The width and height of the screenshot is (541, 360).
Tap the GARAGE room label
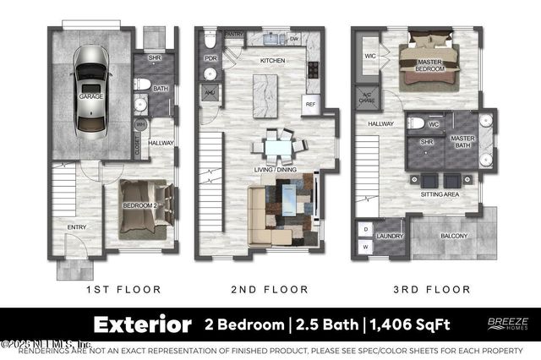click(x=90, y=97)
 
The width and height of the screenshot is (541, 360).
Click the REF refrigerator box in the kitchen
click(x=309, y=103)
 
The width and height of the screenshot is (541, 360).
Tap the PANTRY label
click(x=234, y=34)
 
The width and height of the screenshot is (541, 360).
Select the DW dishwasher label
click(x=294, y=39)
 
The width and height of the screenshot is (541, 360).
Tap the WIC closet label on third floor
click(x=369, y=57)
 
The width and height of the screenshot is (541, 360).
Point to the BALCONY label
click(x=453, y=235)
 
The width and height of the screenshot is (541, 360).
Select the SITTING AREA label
click(x=439, y=194)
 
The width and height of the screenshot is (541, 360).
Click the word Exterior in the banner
click(x=142, y=325)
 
